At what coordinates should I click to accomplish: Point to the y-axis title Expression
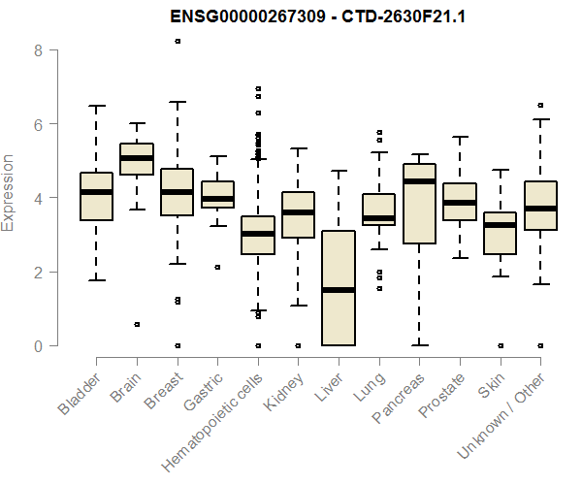(x=10, y=192)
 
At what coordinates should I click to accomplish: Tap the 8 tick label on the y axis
(x=39, y=49)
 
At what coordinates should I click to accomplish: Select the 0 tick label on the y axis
(x=39, y=345)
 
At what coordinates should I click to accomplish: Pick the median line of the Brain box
(x=137, y=158)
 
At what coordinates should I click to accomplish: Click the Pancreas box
(x=418, y=242)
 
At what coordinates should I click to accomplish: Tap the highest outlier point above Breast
(x=177, y=41)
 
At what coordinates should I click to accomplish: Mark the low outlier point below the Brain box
(x=137, y=324)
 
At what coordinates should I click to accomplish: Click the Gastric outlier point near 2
(x=217, y=267)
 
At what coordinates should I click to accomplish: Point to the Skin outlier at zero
(x=500, y=345)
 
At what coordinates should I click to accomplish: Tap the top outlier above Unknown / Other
(x=540, y=105)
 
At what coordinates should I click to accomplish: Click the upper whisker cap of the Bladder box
(x=96, y=106)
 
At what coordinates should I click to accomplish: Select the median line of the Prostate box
(x=459, y=203)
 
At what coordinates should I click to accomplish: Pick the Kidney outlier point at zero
(x=298, y=345)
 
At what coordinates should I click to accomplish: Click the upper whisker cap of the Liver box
(x=338, y=171)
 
